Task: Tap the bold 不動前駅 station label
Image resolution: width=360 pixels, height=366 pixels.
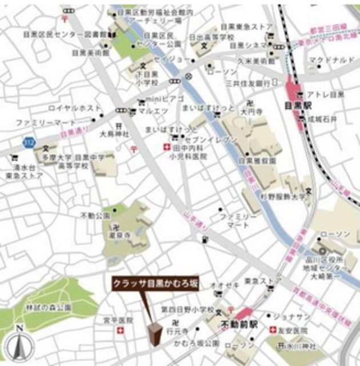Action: point(239,324)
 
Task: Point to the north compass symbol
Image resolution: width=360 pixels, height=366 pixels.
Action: point(19,344)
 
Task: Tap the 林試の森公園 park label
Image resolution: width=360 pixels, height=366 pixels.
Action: point(48,308)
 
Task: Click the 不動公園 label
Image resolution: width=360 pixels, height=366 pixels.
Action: point(95,216)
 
